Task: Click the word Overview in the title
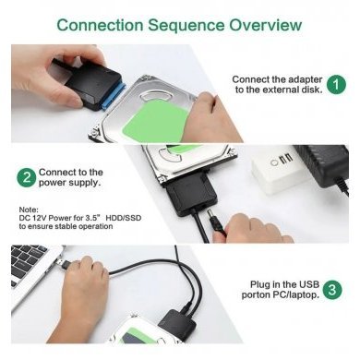point(258,24)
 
